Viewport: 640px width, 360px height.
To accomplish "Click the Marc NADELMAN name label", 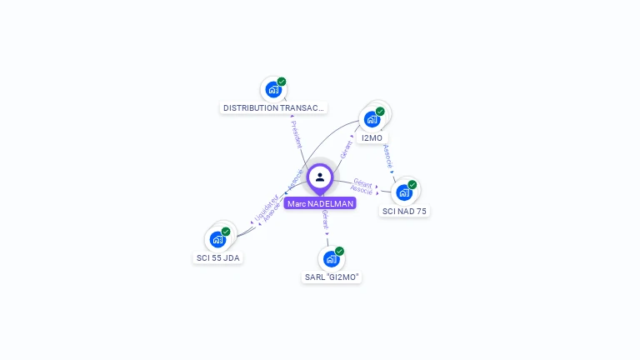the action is click(320, 203).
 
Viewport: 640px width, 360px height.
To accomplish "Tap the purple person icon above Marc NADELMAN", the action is click(320, 177).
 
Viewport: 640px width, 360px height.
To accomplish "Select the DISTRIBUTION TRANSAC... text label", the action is click(273, 107).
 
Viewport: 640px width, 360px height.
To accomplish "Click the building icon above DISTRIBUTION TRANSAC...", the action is click(272, 89).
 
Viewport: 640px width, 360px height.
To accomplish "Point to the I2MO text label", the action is click(372, 137).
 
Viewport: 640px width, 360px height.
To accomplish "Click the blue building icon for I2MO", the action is click(372, 119).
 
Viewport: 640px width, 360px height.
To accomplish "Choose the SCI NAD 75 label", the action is click(404, 211).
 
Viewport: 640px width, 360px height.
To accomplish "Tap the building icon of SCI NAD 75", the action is click(404, 192).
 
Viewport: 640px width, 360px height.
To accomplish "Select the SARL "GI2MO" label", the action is click(332, 277).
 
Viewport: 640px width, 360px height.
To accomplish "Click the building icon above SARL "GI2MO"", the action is click(332, 258).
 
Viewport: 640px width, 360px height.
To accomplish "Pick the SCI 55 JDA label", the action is click(217, 257).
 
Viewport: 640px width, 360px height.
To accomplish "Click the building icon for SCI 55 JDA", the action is click(217, 239).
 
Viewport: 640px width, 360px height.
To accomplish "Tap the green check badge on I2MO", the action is click(380, 112).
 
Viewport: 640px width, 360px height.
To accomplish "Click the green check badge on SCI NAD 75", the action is click(412, 185).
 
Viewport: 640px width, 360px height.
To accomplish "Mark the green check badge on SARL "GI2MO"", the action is click(339, 251).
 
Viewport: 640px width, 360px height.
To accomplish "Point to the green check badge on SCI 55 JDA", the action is click(226, 232).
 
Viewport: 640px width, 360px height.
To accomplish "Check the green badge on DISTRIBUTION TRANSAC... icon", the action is click(282, 82).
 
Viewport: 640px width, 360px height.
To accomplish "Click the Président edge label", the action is click(297, 133).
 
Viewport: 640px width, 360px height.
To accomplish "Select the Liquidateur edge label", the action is click(265, 208).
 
